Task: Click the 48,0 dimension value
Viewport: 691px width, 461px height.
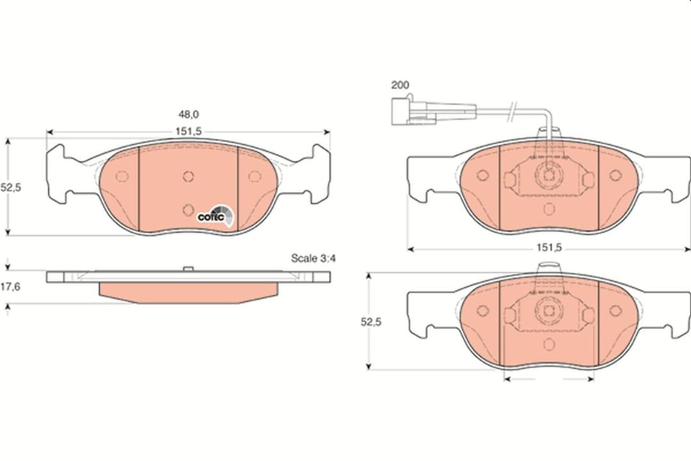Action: coord(188,114)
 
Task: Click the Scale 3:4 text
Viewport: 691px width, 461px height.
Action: coord(314,259)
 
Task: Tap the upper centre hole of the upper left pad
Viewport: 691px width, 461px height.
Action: coord(187,177)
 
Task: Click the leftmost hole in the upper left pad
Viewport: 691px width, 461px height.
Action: coord(122,176)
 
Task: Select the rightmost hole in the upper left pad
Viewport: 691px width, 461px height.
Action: coord(254,176)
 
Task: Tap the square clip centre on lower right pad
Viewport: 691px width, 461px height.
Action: coord(548,311)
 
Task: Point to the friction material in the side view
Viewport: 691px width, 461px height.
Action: coord(188,292)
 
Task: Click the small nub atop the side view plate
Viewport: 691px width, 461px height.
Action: coord(187,269)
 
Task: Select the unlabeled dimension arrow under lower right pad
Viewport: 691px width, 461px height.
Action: coord(548,378)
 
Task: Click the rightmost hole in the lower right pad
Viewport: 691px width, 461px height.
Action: coord(615,311)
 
